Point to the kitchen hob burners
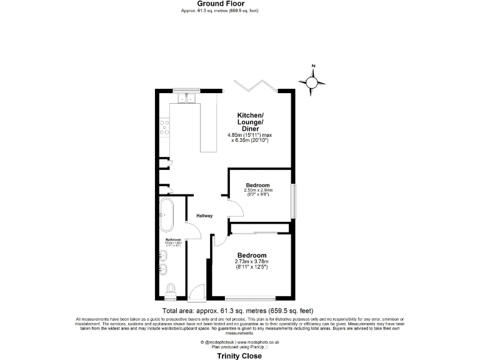click(165, 128)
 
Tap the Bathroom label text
click(172, 240)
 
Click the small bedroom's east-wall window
click(292, 201)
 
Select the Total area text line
click(237, 310)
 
